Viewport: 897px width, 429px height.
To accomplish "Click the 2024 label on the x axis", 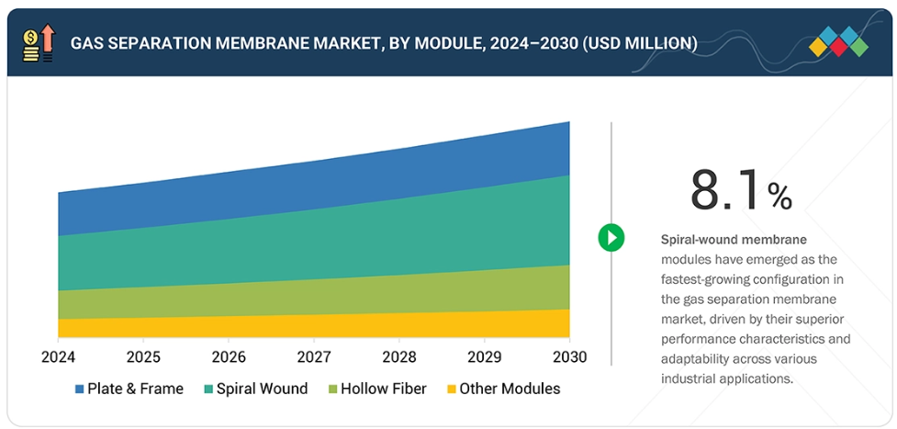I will pyautogui.click(x=58, y=356).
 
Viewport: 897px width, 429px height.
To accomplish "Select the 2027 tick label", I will pyautogui.click(x=314, y=356).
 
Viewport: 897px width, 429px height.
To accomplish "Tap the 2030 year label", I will pyautogui.click(x=569, y=356).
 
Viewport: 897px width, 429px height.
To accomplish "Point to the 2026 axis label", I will pyautogui.click(x=229, y=356).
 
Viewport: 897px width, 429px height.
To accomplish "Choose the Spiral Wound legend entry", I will pyautogui.click(x=255, y=389).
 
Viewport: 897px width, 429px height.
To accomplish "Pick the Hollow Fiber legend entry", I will pyautogui.click(x=376, y=389).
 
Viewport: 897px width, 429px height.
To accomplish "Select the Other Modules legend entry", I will pyautogui.click(x=502, y=389).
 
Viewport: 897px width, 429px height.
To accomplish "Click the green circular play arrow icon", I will pyautogui.click(x=611, y=238).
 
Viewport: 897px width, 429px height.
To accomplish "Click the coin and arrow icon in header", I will pyautogui.click(x=39, y=43).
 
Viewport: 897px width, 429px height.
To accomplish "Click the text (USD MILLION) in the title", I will pyautogui.click(x=639, y=43).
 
